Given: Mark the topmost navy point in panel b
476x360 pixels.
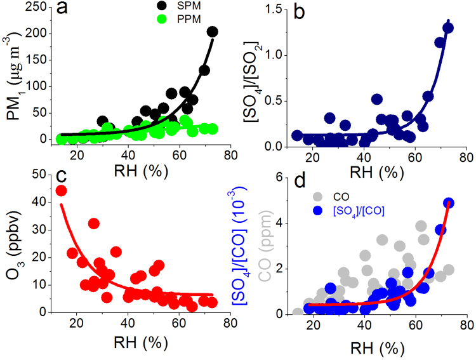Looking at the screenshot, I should (448, 27).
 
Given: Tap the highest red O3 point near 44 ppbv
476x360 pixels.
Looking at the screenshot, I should (61, 190).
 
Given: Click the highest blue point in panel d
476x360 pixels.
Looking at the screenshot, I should (448, 203).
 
